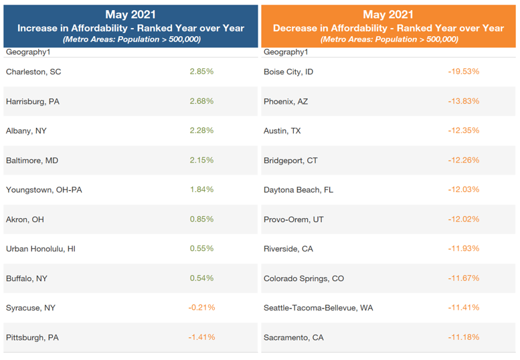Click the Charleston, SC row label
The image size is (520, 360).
33,72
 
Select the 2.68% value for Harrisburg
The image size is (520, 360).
202,101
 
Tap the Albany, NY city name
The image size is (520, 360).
27,130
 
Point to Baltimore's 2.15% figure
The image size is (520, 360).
202,160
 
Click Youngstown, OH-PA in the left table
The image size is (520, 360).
44,189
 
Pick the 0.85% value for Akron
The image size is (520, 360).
202,219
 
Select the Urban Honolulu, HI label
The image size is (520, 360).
41,248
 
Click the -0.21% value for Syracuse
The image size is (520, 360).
201,307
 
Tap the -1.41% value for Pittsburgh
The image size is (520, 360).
201,337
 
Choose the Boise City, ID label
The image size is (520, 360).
288,72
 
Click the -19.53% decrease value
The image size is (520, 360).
463,71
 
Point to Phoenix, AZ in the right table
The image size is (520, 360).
286,101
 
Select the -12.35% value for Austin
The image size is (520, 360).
463,130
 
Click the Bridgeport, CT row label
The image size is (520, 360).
290,160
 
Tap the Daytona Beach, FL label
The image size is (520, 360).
298,189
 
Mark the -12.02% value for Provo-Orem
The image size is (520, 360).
463,219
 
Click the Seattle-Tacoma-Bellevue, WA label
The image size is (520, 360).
319,307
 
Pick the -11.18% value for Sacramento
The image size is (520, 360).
463,337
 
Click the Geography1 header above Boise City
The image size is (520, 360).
286,52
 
